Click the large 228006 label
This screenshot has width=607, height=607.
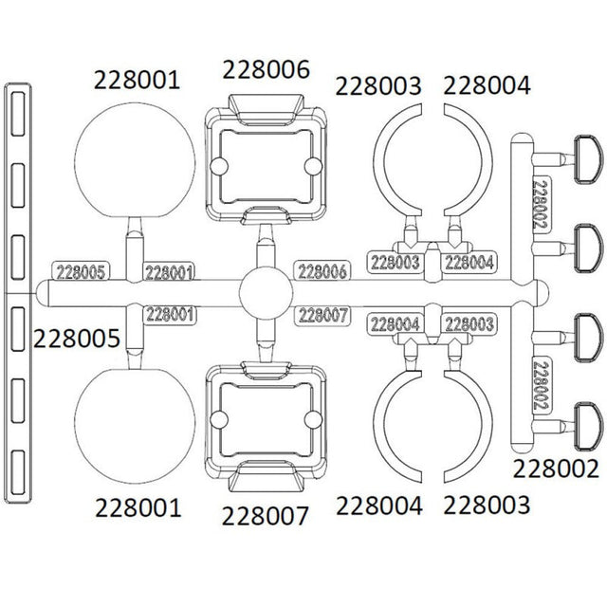pyautogui.click(x=266, y=69)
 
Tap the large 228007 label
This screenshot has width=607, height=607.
pyautogui.click(x=265, y=516)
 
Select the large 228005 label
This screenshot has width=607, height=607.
pyautogui.click(x=77, y=339)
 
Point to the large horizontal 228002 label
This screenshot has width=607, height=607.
pyautogui.click(x=556, y=469)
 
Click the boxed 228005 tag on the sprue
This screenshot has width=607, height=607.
pyautogui.click(x=81, y=272)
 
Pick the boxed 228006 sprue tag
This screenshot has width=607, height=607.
pyautogui.click(x=322, y=271)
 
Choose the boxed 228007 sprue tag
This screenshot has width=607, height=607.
pyautogui.click(x=322, y=315)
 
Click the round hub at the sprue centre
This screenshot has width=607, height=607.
pyautogui.click(x=266, y=293)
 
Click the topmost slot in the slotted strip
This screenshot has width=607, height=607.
pyautogui.click(x=18, y=114)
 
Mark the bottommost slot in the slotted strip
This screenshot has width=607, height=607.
pyautogui.click(x=18, y=472)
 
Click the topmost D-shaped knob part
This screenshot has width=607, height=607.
pyautogui.click(x=588, y=159)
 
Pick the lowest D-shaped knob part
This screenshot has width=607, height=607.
pyautogui.click(x=588, y=426)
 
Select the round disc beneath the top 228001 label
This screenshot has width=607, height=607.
pyautogui.click(x=135, y=159)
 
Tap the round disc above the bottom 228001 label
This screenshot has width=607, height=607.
pyautogui.click(x=135, y=426)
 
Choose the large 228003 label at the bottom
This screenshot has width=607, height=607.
pyautogui.click(x=487, y=505)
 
